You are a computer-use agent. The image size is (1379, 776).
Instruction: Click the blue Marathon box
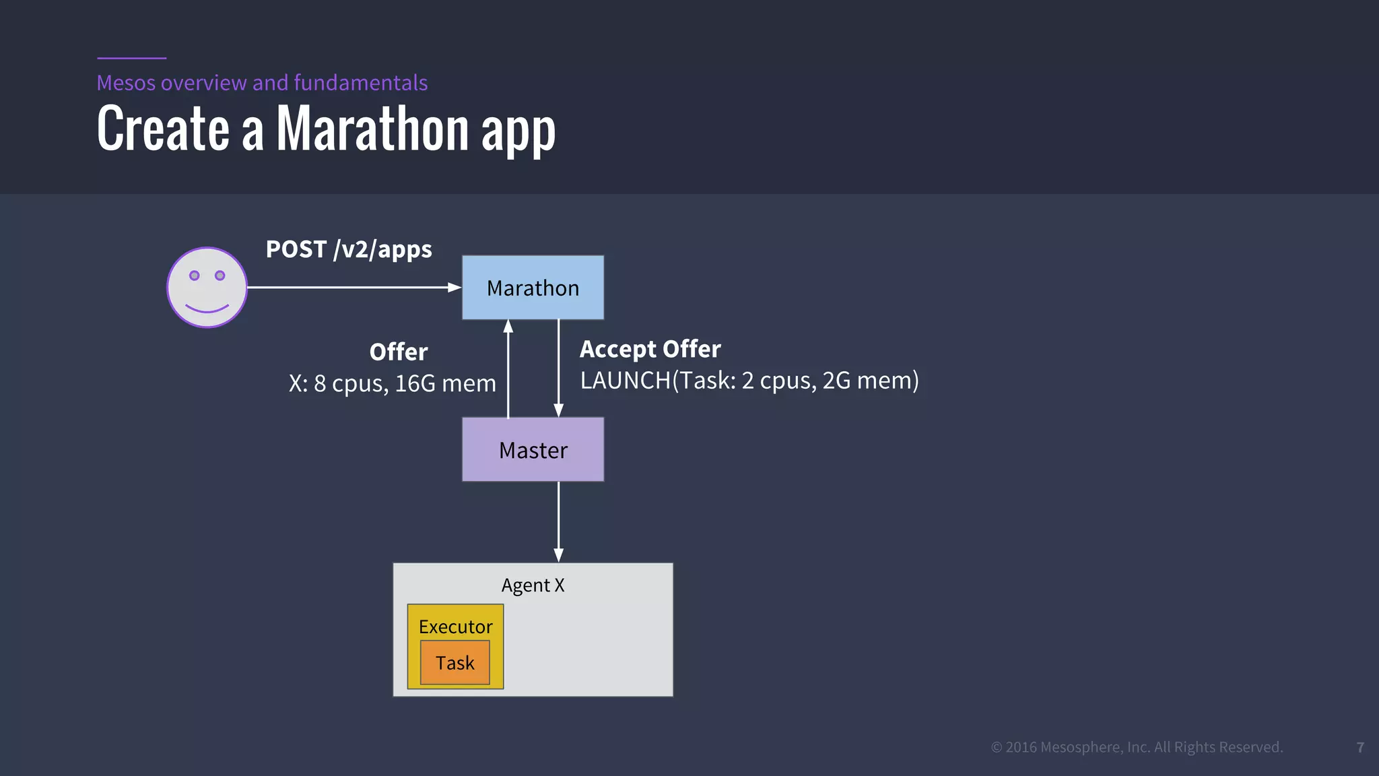click(x=533, y=288)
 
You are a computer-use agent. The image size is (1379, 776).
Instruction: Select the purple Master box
click(x=533, y=449)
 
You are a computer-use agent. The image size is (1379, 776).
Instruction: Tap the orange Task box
click(x=455, y=663)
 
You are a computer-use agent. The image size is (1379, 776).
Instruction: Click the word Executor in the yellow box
click(x=456, y=627)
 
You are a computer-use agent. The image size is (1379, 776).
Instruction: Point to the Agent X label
click(x=533, y=585)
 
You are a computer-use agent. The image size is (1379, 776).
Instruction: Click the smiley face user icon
click(x=207, y=288)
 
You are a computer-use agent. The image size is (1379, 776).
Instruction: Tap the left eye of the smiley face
click(x=195, y=276)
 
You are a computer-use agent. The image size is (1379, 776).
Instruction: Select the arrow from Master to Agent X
click(x=558, y=522)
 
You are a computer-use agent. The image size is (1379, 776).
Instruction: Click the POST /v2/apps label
click(x=349, y=249)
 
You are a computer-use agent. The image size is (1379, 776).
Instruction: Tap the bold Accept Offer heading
click(x=650, y=349)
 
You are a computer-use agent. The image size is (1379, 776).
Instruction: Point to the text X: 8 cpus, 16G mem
click(x=393, y=383)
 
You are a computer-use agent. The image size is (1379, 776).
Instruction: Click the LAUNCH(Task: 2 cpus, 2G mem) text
click(x=749, y=381)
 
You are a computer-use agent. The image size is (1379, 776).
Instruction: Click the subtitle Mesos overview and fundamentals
click(x=262, y=83)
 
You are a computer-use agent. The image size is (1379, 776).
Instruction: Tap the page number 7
click(x=1360, y=748)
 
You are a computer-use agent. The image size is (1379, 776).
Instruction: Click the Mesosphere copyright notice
click(x=1137, y=747)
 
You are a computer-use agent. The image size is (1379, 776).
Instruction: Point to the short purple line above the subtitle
click(x=131, y=58)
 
